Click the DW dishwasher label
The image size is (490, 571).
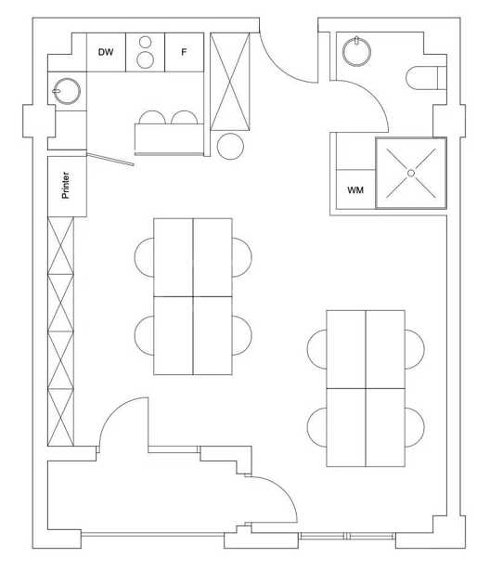point(106,52)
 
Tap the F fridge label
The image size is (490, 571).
point(184,52)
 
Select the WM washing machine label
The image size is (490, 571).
point(355,190)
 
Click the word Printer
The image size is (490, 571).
point(66,185)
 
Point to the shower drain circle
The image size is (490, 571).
point(411,173)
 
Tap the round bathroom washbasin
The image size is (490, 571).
point(356,51)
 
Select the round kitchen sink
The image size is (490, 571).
point(67,91)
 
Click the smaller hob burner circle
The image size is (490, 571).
point(146,42)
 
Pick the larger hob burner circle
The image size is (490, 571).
point(146,60)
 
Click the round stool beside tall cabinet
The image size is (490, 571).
point(230,147)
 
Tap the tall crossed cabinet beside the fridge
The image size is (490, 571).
point(230,82)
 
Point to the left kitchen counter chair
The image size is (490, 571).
point(152,117)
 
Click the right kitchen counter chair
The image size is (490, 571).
point(184,117)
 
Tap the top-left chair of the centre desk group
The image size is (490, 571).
point(144,257)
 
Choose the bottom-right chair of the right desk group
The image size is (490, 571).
point(415,427)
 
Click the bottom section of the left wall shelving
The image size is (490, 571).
point(61,417)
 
